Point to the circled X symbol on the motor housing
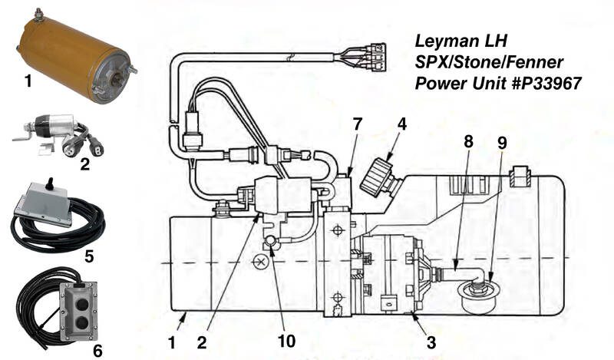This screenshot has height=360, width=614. click(x=260, y=262)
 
